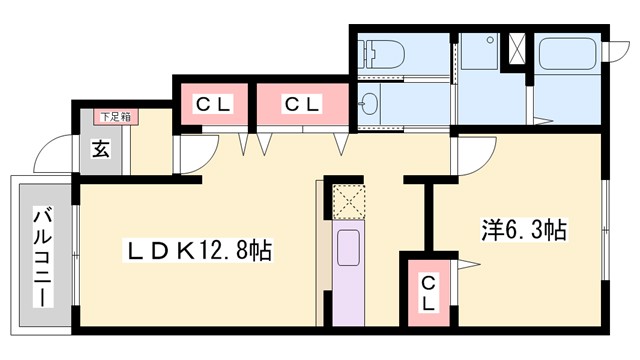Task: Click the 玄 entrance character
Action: (101, 150)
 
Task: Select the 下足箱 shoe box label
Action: (116, 116)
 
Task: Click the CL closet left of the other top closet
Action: (212, 103)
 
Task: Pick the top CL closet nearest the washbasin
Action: (299, 103)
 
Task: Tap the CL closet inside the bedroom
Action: (427, 290)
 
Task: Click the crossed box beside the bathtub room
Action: (518, 49)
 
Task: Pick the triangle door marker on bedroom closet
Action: (467, 264)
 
